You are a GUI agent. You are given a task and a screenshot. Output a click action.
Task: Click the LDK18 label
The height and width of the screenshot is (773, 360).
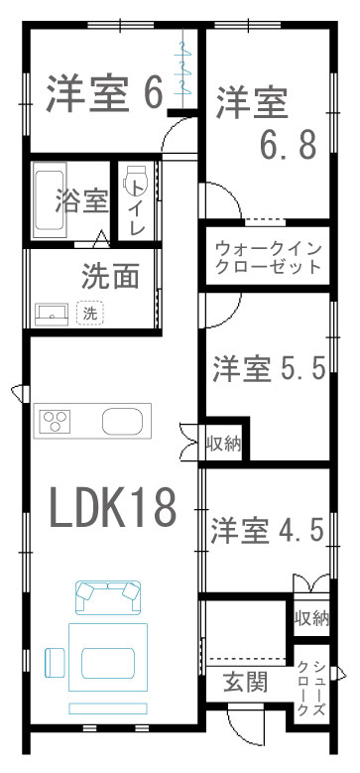pyautogui.click(x=113, y=507)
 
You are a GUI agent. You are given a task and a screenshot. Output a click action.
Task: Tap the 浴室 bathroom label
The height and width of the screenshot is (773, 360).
pyautogui.click(x=82, y=200)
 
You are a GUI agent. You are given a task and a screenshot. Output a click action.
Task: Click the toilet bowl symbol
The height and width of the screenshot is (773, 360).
pyautogui.click(x=136, y=180)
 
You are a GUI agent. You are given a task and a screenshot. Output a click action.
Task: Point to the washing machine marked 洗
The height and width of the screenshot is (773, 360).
pyautogui.click(x=89, y=313)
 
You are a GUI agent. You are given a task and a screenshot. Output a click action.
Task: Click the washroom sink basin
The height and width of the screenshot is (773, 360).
pyautogui.click(x=52, y=314)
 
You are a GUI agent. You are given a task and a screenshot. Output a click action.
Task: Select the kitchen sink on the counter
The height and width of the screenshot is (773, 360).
pyautogui.click(x=123, y=422)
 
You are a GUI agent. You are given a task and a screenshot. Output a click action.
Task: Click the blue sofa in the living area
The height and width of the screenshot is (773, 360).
pyautogui.click(x=108, y=597)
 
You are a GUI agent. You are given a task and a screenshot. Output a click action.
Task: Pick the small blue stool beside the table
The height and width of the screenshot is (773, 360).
pyautogui.click(x=55, y=662)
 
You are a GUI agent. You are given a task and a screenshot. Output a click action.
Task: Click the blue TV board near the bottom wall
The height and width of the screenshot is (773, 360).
pyautogui.click(x=108, y=709)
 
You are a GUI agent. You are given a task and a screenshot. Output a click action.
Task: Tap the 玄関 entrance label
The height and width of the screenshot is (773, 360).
pyautogui.click(x=246, y=683)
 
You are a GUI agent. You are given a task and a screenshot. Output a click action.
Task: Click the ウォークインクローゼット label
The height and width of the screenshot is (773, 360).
pyautogui.click(x=269, y=256)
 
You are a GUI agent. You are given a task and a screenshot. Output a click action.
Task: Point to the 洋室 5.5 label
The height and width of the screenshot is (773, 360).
pyautogui.click(x=269, y=368)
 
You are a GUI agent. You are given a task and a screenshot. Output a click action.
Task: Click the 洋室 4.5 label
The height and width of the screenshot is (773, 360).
pyautogui.click(x=268, y=531)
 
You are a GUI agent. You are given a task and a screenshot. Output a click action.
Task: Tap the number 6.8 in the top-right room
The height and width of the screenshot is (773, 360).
pyautogui.click(x=288, y=144)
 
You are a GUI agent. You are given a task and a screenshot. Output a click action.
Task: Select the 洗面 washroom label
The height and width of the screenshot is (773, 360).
pyautogui.click(x=111, y=276)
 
